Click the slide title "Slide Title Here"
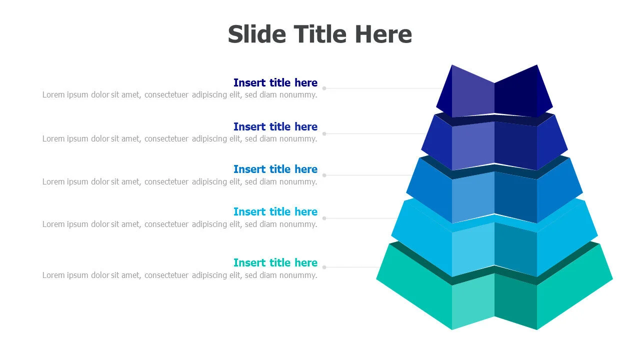319,34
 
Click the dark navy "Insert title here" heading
275,82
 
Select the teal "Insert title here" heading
275,262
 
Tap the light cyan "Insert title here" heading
275,211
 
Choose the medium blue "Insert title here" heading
275,169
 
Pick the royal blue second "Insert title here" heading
275,126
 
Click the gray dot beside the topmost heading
324,88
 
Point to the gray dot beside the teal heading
324,267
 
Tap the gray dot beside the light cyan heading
324,218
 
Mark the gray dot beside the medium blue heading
324,175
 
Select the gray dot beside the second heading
324,133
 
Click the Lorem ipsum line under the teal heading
179,275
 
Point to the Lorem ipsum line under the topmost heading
179,95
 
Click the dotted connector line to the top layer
383,88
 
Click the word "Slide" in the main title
257,34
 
